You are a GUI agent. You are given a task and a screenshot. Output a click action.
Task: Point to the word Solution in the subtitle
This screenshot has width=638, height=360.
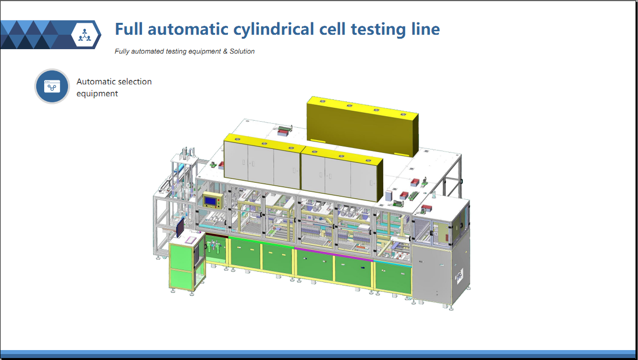[x=242, y=51]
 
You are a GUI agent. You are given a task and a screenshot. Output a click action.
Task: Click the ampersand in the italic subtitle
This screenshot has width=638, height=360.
[x=225, y=51]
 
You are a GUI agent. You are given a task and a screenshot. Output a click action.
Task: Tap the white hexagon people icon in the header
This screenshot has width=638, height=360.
[x=85, y=35]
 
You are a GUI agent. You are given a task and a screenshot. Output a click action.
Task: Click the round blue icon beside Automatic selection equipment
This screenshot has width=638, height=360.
[x=52, y=86]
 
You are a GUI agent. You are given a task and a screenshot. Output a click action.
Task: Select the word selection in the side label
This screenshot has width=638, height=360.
[x=135, y=81]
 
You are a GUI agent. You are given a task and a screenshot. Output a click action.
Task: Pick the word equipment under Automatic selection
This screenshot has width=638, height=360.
[x=97, y=94]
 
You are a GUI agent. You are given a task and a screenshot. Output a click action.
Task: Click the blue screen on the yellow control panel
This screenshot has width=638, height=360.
[x=211, y=202]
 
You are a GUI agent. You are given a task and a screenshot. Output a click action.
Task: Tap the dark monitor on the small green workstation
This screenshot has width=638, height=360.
[x=180, y=227]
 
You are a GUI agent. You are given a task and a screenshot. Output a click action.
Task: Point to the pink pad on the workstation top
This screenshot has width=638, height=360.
[x=191, y=240]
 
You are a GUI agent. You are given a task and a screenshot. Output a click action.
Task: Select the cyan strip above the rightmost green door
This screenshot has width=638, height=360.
[x=393, y=263]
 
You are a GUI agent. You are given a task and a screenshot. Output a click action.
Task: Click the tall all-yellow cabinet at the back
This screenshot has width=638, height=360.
[x=362, y=126]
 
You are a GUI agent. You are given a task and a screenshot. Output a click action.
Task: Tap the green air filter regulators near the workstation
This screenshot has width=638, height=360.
[x=213, y=246]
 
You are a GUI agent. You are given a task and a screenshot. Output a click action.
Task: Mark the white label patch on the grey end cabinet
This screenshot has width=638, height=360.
[x=459, y=276]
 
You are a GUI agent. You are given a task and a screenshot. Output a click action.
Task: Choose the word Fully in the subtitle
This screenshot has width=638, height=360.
[x=122, y=51]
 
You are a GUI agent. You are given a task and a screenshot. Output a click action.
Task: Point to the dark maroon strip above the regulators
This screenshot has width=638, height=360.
[x=216, y=236]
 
